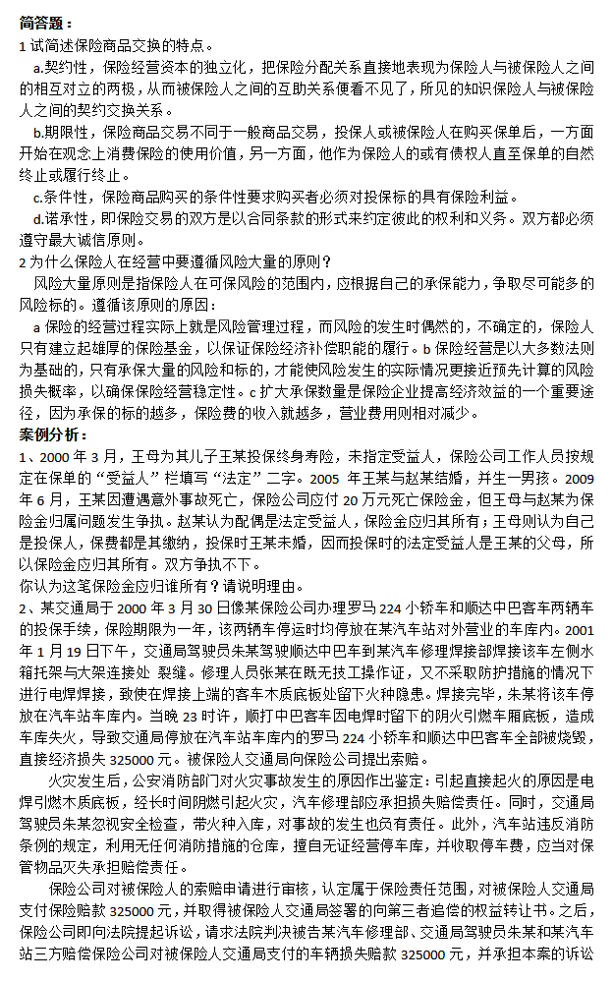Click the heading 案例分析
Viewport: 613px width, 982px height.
[56, 433]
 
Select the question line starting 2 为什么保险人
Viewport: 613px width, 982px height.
[177, 260]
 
